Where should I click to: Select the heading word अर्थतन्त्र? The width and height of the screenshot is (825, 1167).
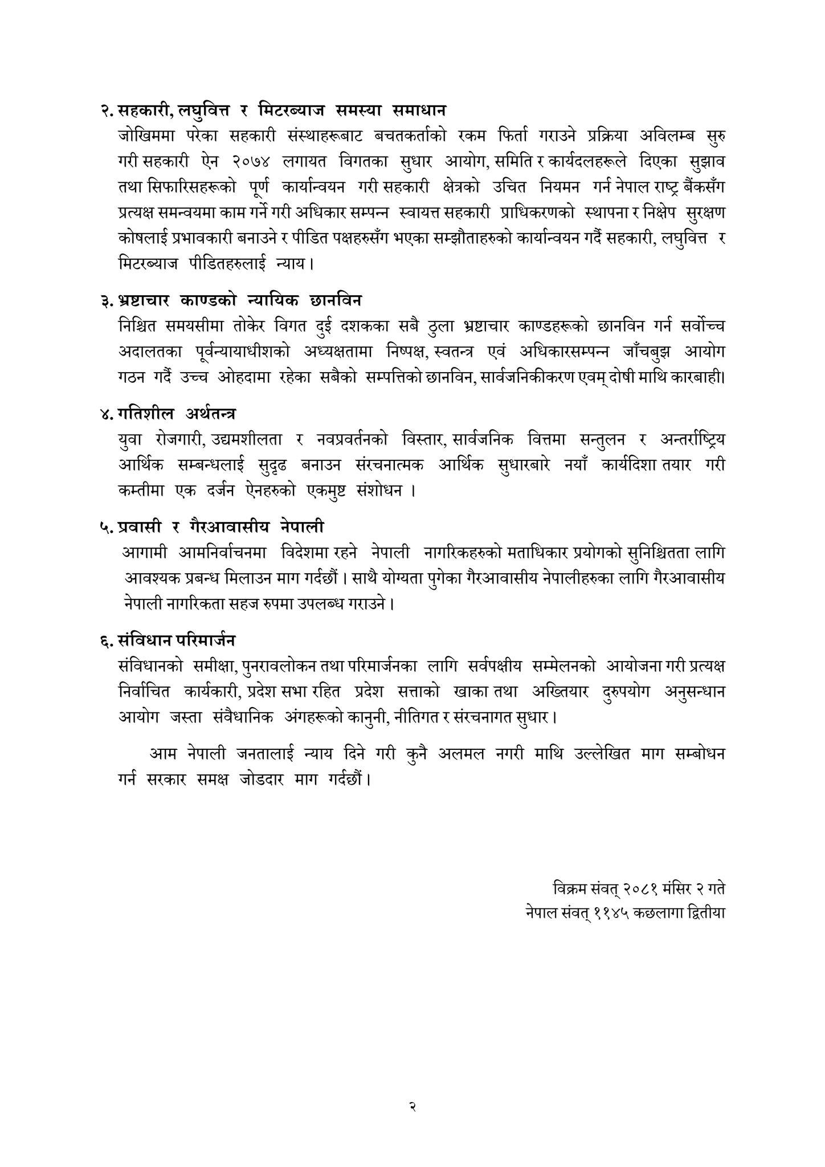(x=211, y=413)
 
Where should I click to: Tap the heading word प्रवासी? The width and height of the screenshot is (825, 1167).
(x=140, y=527)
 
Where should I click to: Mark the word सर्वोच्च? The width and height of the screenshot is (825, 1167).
(x=703, y=327)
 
